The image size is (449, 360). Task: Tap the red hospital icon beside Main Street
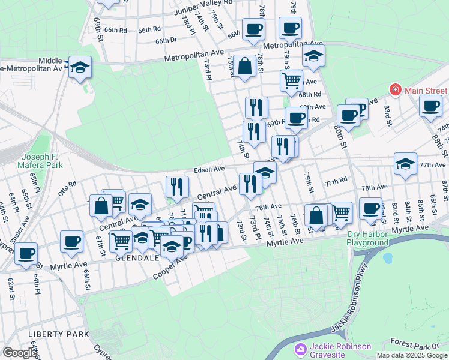(x=396, y=91)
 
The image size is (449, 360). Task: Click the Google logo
(x=19, y=353)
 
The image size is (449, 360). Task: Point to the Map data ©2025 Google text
(x=412, y=355)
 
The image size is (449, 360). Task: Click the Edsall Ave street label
(x=208, y=169)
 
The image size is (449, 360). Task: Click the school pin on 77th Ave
(x=406, y=163)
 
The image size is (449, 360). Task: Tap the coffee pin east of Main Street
(x=431, y=107)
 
